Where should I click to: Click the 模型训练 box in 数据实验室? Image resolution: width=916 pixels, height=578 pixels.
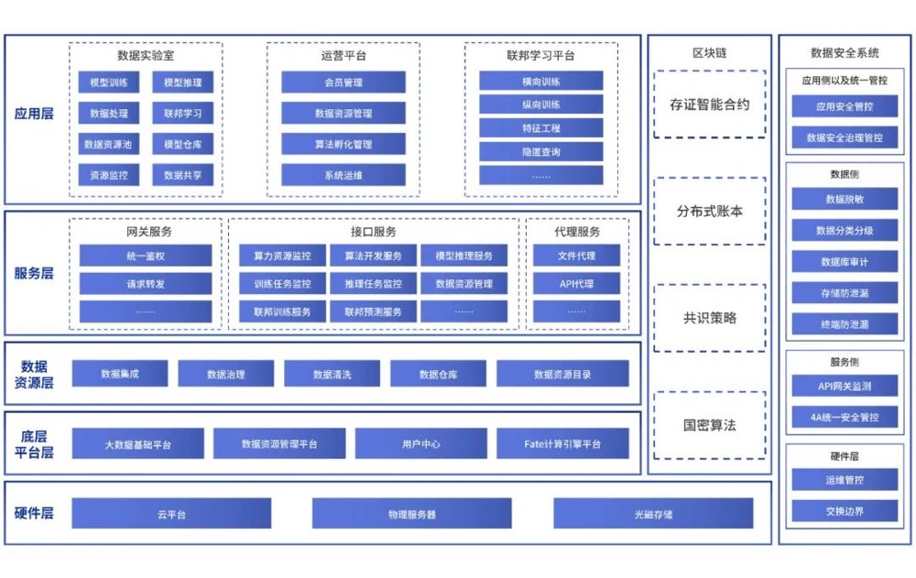(108, 83)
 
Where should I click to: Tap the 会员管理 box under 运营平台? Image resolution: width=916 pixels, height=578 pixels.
(343, 82)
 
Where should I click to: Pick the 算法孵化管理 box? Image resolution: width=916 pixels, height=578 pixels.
(343, 145)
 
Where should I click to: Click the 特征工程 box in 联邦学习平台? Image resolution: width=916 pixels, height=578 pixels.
(541, 128)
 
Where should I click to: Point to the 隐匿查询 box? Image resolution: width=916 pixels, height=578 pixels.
(541, 152)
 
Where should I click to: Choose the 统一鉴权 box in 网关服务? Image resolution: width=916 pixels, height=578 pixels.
(146, 256)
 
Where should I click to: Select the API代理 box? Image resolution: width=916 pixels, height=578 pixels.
(577, 284)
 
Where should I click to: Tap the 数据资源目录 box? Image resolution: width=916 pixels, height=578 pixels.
(562, 374)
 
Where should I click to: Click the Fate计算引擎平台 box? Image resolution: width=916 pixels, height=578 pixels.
(562, 444)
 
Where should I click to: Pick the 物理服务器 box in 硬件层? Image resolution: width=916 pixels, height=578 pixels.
(411, 514)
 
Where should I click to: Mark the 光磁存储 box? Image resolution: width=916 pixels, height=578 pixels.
(653, 514)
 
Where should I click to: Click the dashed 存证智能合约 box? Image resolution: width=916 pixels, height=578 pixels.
(710, 104)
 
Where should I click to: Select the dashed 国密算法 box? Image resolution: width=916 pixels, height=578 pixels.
(710, 425)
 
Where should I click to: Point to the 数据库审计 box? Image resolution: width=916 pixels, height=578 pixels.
(845, 262)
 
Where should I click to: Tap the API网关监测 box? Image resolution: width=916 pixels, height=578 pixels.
(845, 387)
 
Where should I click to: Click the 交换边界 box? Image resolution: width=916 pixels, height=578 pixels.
(845, 511)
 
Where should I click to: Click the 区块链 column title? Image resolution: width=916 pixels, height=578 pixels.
(710, 53)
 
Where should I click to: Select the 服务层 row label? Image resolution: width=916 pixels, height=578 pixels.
(34, 273)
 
